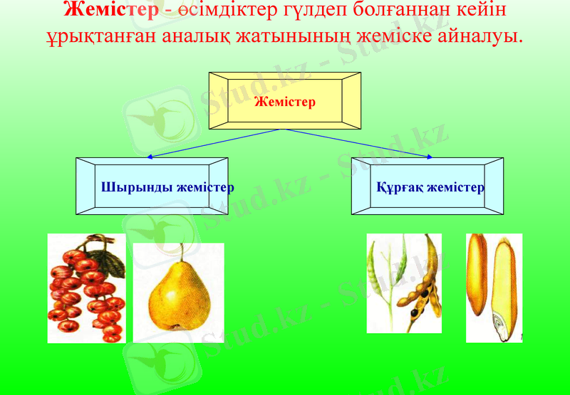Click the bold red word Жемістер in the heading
[110, 10]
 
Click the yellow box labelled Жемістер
[284, 101]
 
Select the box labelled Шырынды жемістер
[152, 186]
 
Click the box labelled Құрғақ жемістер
[427, 186]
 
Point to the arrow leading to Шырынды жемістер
[214, 142]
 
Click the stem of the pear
[181, 251]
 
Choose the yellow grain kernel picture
[494, 288]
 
